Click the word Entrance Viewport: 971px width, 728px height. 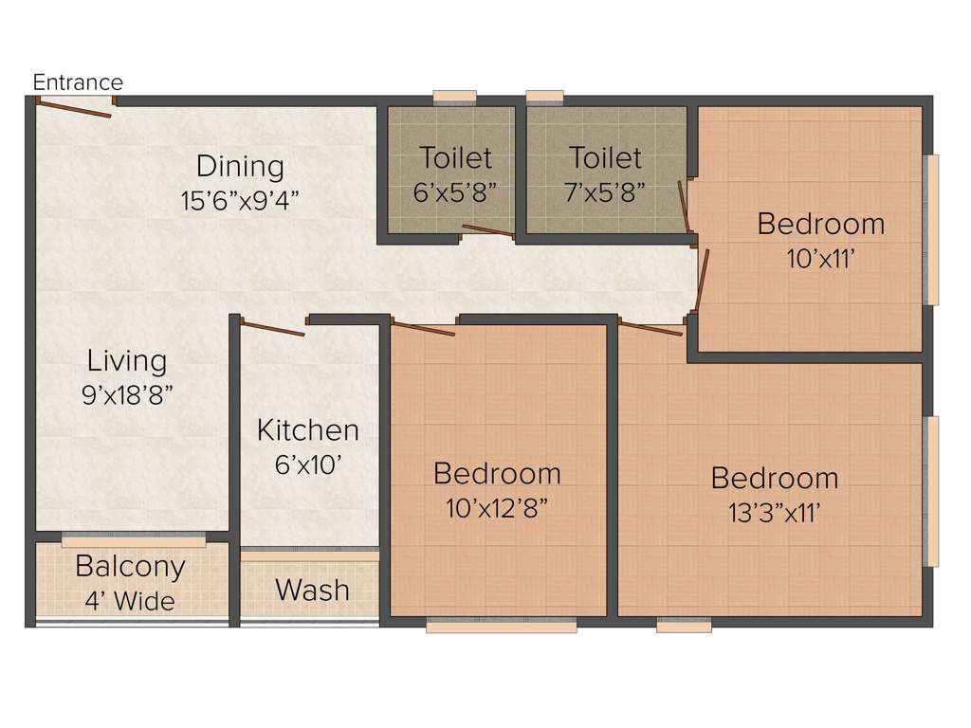point(78,82)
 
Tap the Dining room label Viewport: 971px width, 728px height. point(240,167)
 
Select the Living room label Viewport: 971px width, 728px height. point(127,361)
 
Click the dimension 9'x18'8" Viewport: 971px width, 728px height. point(127,395)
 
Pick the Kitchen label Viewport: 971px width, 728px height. point(308,430)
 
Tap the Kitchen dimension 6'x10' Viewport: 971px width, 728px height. point(308,464)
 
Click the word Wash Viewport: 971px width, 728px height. point(312,591)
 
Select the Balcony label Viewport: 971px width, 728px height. point(131,567)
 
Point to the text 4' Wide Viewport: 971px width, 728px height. point(131,601)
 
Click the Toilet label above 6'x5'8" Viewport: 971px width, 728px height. point(456,157)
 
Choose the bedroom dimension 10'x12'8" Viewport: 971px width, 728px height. point(497,508)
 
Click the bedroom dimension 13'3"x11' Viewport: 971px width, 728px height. point(775,513)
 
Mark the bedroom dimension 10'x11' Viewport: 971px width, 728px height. point(821,258)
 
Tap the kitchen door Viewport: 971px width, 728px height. point(272,329)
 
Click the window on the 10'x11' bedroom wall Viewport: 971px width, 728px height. point(933,229)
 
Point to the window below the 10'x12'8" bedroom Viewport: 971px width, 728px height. point(502,626)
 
